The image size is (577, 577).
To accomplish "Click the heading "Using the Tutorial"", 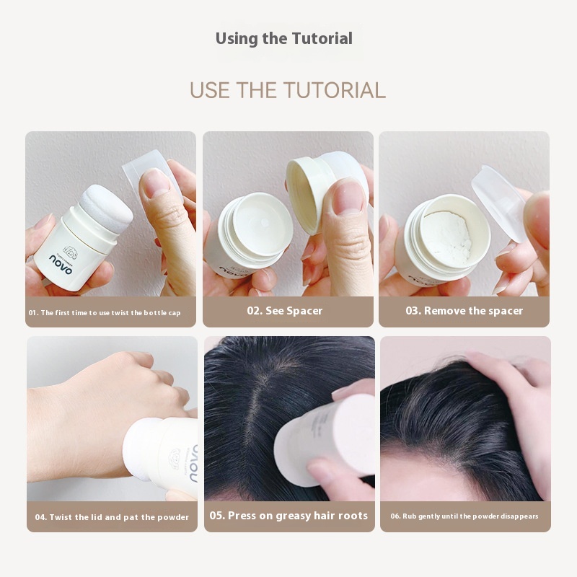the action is [283, 39].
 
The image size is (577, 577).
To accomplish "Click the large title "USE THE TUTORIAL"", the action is [288, 91].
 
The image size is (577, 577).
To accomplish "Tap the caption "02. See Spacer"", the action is [284, 311].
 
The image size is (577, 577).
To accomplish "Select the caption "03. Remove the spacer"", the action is [464, 311].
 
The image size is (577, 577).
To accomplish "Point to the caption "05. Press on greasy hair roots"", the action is [288, 516].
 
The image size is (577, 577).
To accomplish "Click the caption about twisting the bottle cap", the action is [105, 313].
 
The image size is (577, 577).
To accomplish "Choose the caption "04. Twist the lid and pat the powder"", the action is [112, 517].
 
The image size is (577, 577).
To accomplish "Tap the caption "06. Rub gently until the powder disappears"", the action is [464, 516].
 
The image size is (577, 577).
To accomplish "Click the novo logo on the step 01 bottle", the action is [61, 264].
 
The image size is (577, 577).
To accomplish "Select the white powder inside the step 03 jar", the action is [449, 234].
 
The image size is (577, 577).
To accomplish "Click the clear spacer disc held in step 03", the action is [498, 203].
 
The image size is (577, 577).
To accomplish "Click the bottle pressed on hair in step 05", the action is [325, 438].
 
